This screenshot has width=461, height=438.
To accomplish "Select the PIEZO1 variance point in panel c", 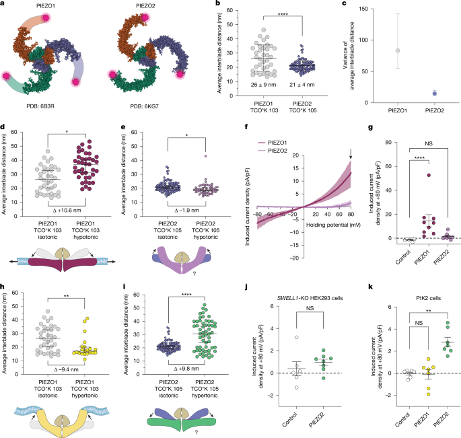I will coord(380,50).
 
